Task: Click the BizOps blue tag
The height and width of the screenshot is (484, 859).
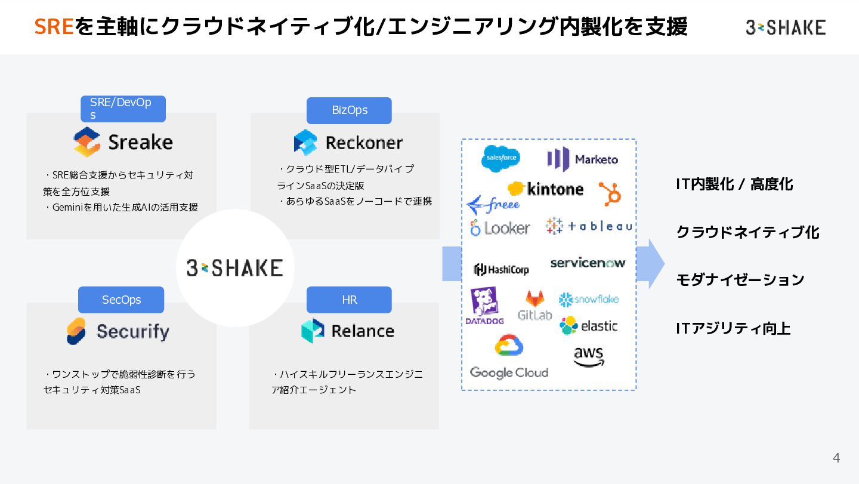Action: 349,110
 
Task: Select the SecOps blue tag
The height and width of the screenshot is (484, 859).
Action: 121,300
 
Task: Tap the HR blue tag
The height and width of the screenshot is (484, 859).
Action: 349,300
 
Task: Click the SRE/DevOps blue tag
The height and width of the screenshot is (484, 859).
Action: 123,109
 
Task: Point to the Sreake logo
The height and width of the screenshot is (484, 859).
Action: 123,142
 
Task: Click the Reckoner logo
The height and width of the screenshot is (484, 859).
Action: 348,143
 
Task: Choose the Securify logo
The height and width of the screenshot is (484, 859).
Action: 118,331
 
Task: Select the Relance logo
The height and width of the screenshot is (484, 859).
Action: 348,331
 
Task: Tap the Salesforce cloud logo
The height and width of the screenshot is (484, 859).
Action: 500,158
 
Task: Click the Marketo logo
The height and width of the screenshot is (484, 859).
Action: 582,159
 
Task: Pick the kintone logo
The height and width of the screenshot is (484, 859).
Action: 545,189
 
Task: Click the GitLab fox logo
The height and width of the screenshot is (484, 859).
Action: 534,305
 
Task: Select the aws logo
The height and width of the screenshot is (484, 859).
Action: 589,356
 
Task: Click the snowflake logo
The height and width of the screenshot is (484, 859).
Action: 588,299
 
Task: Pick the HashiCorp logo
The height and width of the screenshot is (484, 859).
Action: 501,269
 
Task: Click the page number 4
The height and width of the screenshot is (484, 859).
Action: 836,458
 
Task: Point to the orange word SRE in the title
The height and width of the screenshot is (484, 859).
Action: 54,27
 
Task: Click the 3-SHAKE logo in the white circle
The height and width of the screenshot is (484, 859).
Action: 235,267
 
